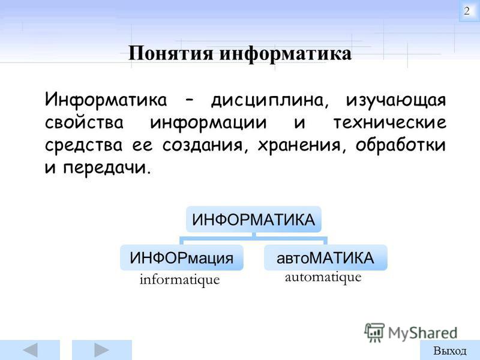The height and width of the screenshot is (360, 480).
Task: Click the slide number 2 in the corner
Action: (467, 11)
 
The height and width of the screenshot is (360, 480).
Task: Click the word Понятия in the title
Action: (170, 53)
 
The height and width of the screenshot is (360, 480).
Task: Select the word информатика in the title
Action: (286, 54)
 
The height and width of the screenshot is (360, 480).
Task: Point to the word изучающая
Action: (396, 101)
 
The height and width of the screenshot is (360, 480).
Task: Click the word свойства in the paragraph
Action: (84, 122)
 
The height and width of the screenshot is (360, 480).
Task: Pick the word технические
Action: (389, 122)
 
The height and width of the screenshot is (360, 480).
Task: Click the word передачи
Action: (107, 167)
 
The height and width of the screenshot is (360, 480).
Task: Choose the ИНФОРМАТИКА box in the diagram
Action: (253, 219)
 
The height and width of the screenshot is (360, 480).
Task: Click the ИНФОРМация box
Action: (182, 257)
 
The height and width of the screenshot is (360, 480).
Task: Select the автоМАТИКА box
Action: (325, 257)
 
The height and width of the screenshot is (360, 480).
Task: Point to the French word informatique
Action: (179, 280)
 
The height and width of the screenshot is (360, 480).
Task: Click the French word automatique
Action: (323, 277)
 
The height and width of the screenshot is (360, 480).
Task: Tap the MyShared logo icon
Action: (374, 332)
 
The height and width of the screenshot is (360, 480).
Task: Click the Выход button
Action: (449, 350)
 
